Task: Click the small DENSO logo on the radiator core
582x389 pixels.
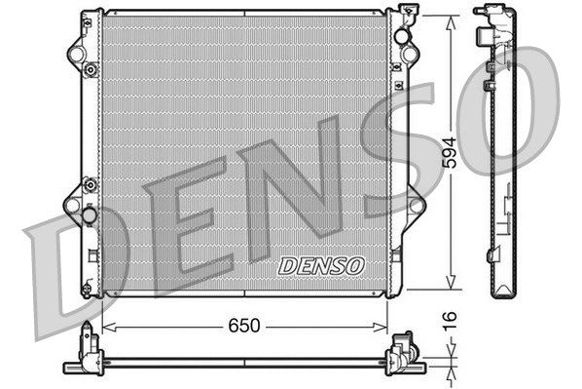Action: (x=320, y=265)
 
